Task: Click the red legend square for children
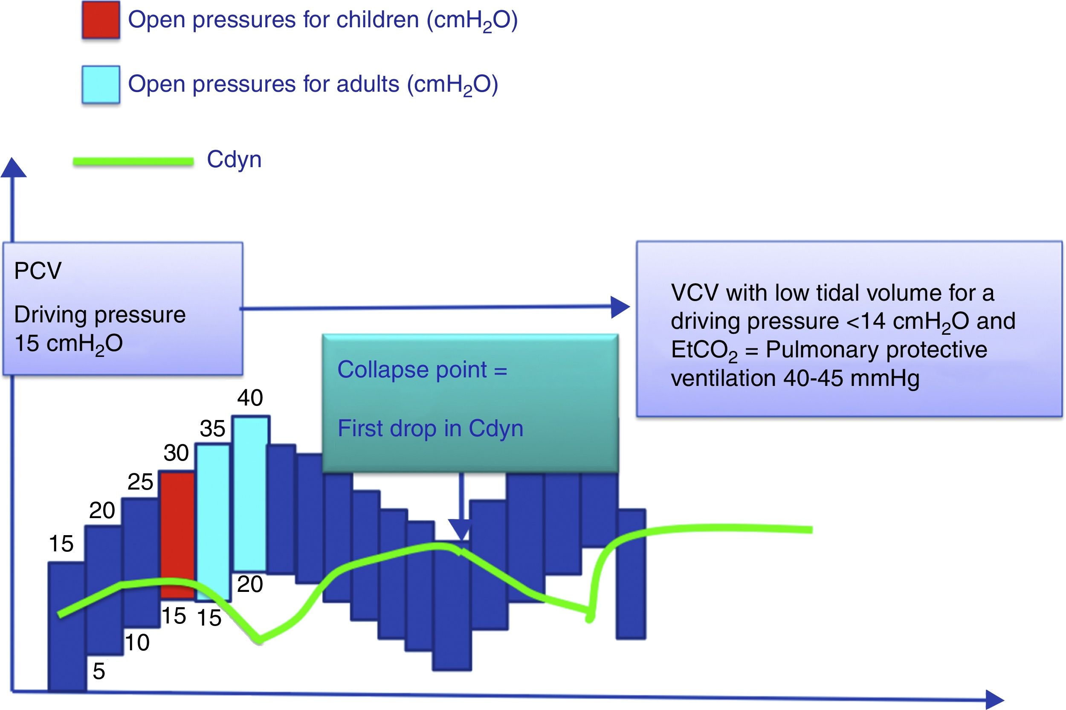tap(101, 20)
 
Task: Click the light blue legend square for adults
tap(101, 85)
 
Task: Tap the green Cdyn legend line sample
tap(133, 161)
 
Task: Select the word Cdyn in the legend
tap(234, 159)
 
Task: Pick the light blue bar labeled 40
tap(250, 493)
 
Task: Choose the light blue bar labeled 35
tap(213, 523)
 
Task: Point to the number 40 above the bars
tap(250, 398)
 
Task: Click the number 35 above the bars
tap(212, 429)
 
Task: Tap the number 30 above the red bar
tap(176, 453)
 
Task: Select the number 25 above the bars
tap(140, 482)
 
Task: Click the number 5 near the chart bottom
tap(98, 671)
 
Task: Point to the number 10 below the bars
tap(137, 642)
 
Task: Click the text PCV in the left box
tap(38, 271)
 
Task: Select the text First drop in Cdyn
tap(430, 429)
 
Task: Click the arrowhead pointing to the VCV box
tap(620, 307)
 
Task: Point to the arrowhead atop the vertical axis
tap(13, 168)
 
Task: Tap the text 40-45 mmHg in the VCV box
tap(851, 378)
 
